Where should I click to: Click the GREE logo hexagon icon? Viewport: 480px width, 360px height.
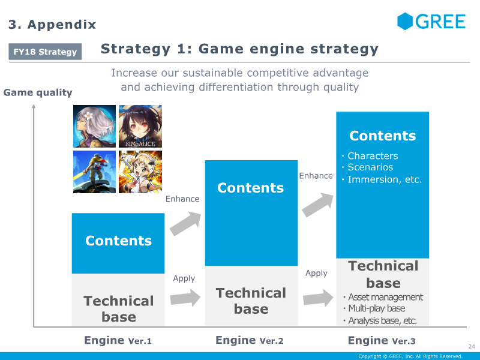click(406, 22)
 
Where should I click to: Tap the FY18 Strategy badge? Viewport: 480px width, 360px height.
click(46, 52)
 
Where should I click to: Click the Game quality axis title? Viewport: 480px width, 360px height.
click(38, 92)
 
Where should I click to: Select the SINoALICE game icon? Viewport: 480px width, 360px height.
click(140, 126)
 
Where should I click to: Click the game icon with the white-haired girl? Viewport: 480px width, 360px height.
click(94, 126)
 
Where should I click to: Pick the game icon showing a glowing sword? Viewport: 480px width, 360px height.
click(94, 172)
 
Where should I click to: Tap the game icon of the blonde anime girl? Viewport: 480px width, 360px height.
click(140, 172)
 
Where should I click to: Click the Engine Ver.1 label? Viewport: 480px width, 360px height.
click(118, 341)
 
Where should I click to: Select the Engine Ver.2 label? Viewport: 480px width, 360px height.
click(249, 341)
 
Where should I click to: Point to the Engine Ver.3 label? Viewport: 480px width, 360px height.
click(382, 341)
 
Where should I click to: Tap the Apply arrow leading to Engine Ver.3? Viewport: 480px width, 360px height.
click(317, 297)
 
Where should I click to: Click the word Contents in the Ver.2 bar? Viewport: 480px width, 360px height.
click(251, 188)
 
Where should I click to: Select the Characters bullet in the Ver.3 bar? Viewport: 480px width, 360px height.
click(372, 156)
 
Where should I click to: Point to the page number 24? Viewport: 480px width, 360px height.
click(471, 346)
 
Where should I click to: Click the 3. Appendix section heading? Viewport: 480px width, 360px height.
click(52, 25)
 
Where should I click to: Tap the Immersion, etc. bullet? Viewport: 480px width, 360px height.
click(385, 179)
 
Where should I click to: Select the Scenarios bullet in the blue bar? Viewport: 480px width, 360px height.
click(370, 167)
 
